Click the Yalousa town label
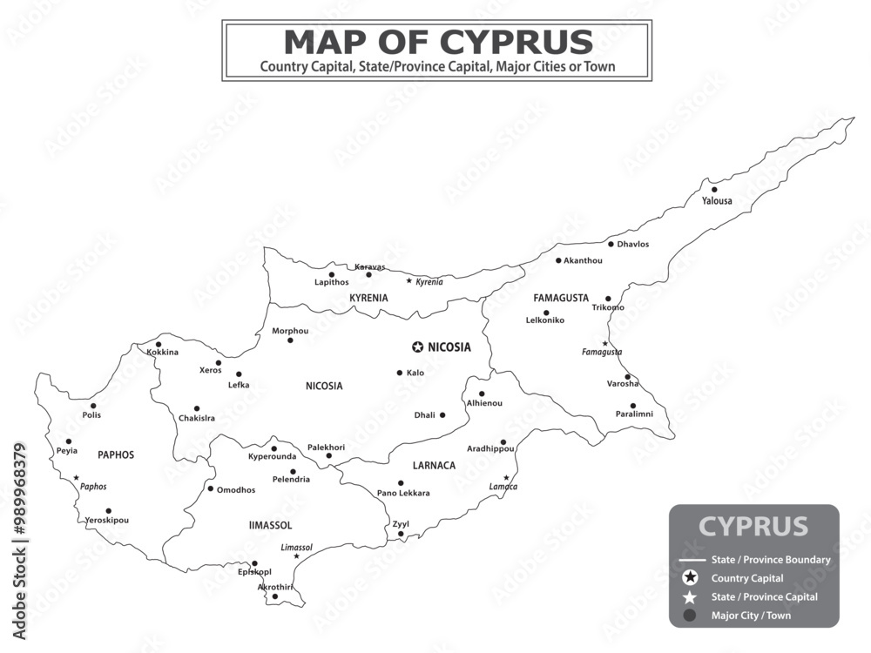pos(717,201)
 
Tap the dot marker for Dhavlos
pos(611,244)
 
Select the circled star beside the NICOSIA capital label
pos(417,347)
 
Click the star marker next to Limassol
pos(296,556)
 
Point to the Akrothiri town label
pos(275,587)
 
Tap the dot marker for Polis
pos(94,405)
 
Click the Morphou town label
pos(290,331)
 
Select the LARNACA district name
pos(434,466)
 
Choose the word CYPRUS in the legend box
pos(753,527)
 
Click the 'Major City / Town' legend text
pos(751,616)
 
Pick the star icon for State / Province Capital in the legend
pos(691,597)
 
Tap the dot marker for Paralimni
pos(633,405)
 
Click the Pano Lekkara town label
pos(403,494)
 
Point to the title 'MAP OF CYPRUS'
pos(437,41)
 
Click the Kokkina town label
pos(162,353)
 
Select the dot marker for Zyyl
pos(401,534)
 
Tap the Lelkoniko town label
pos(545,320)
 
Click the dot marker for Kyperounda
pos(273,448)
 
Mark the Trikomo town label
pos(608,307)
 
